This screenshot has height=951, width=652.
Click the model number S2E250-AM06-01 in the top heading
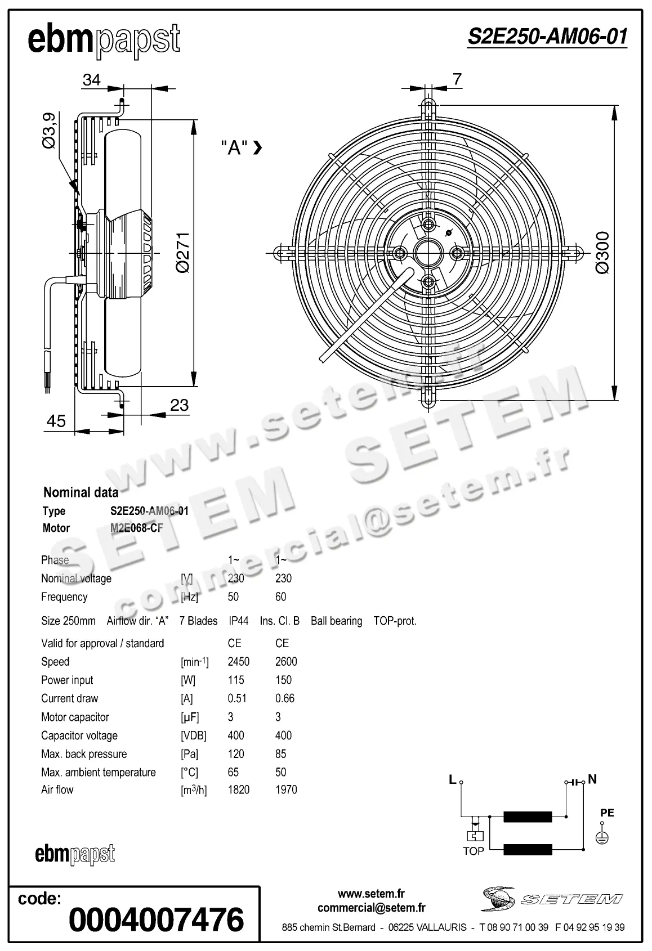click(x=547, y=37)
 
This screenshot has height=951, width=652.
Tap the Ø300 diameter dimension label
click(x=602, y=252)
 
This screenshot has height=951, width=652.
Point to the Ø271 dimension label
click(x=183, y=252)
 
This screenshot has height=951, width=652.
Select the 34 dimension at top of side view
click(x=91, y=80)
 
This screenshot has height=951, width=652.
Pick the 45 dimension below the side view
click(x=56, y=421)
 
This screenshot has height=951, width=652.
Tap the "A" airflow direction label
click(x=234, y=147)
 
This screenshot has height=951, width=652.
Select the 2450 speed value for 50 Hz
click(x=238, y=662)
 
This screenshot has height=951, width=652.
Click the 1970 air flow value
click(x=286, y=789)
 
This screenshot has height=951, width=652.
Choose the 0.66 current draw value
click(x=284, y=698)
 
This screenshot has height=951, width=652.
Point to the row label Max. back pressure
click(x=84, y=754)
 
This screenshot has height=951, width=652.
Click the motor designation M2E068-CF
click(x=136, y=528)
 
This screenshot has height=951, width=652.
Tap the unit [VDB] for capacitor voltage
click(x=193, y=735)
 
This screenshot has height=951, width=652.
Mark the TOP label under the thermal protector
click(x=473, y=851)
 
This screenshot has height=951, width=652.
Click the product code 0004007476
click(x=156, y=919)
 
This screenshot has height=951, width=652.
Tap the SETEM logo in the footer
click(x=552, y=899)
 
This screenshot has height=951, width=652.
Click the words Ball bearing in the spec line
click(x=336, y=621)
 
